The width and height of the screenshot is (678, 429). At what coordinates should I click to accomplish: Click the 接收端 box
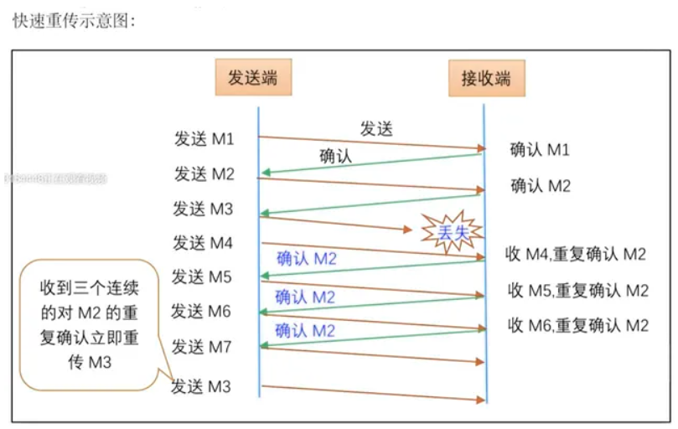coord(485,80)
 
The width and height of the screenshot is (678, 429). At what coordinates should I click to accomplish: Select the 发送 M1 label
coord(204,138)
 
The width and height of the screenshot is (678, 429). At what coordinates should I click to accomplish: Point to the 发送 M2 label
coord(204,173)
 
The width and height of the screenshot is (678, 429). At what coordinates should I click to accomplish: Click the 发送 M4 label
coord(203,243)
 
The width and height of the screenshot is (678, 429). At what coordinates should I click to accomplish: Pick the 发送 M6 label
coord(201,311)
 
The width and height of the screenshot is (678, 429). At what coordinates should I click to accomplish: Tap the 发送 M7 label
coord(202,346)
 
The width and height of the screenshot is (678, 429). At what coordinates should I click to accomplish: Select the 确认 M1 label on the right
coord(541,150)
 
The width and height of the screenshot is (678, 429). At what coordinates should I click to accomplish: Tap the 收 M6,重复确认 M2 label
coord(577,325)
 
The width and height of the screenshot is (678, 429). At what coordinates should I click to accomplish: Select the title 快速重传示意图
coord(74,20)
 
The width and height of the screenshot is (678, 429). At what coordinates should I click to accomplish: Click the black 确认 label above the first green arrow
coord(336,156)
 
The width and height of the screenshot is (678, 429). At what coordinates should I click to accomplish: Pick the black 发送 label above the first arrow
coord(376,128)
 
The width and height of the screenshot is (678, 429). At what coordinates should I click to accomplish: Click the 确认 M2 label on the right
coord(541,186)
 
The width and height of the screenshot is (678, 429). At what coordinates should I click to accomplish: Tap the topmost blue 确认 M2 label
coord(306,259)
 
